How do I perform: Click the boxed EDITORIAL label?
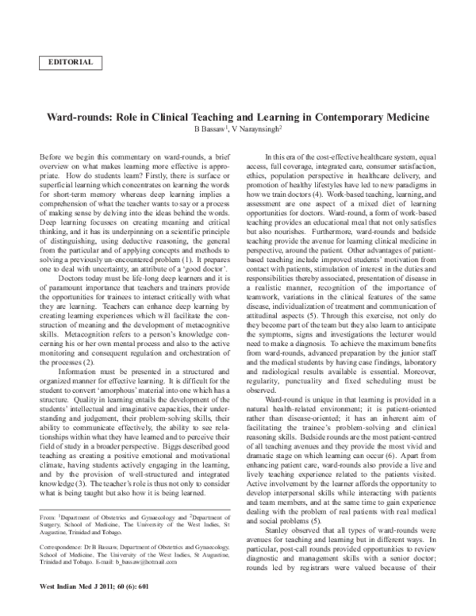click(71, 61)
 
